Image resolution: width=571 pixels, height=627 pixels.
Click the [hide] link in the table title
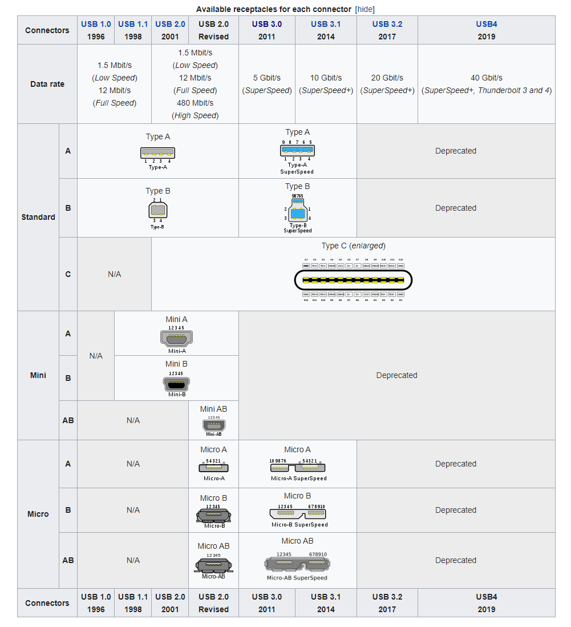click(365, 9)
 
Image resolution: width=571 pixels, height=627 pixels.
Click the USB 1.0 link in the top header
click(96, 24)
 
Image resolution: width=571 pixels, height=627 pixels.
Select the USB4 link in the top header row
click(487, 24)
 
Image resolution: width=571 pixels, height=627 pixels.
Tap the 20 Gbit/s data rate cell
click(387, 78)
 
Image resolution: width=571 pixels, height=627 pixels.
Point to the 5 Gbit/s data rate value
click(267, 78)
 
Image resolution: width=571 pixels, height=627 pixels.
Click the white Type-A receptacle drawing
click(157, 153)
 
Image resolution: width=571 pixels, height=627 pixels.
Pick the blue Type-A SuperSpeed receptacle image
click(297, 151)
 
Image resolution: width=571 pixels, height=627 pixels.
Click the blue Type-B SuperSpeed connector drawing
click(297, 213)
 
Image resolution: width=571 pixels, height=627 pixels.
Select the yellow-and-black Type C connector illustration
click(353, 280)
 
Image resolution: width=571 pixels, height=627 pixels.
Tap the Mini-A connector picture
click(177, 339)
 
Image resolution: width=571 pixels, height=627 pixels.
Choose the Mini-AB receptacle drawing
click(213, 425)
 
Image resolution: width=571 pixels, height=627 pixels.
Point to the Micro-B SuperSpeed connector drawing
click(297, 513)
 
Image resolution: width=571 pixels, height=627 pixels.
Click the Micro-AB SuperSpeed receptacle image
click(297, 564)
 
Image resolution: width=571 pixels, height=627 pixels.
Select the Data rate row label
click(47, 84)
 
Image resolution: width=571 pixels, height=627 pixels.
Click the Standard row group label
click(38, 217)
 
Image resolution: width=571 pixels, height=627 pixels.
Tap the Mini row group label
click(38, 375)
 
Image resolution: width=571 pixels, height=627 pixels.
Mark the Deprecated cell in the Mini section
click(396, 375)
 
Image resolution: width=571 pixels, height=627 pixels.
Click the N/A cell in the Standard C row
click(114, 274)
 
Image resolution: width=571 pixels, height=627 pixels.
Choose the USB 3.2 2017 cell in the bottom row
click(387, 603)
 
